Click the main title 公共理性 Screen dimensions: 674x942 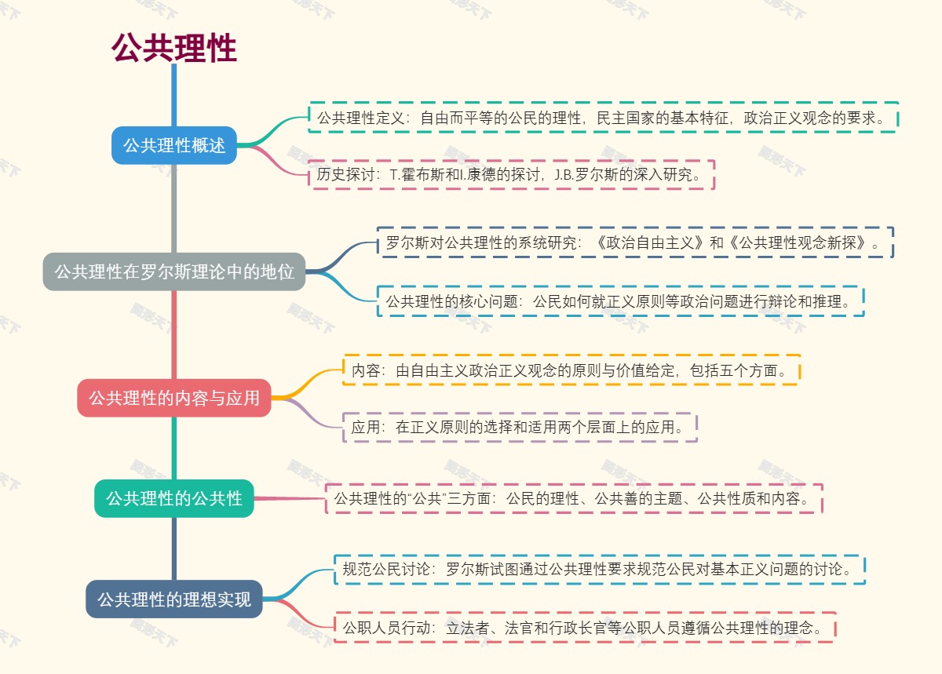click(x=173, y=48)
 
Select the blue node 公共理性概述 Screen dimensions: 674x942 click(x=173, y=145)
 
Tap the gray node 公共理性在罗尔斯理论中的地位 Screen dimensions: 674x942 click(x=173, y=271)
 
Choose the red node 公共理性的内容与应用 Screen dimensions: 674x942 click(x=173, y=398)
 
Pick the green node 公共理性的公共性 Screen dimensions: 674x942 click(x=173, y=498)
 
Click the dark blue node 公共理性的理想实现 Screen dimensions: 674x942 click(x=173, y=599)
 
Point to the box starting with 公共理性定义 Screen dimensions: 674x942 click(x=603, y=118)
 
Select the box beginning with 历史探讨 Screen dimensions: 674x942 click(x=511, y=175)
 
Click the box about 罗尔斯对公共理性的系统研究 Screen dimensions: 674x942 click(x=635, y=242)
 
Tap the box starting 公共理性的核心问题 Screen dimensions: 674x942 click(x=620, y=301)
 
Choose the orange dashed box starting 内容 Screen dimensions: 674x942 click(x=571, y=370)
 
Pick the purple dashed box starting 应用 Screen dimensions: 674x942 click(x=520, y=427)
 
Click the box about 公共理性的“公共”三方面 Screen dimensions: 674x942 click(x=574, y=498)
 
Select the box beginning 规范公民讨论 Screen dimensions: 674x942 click(x=600, y=570)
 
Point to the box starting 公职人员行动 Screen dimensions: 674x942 click(x=584, y=628)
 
